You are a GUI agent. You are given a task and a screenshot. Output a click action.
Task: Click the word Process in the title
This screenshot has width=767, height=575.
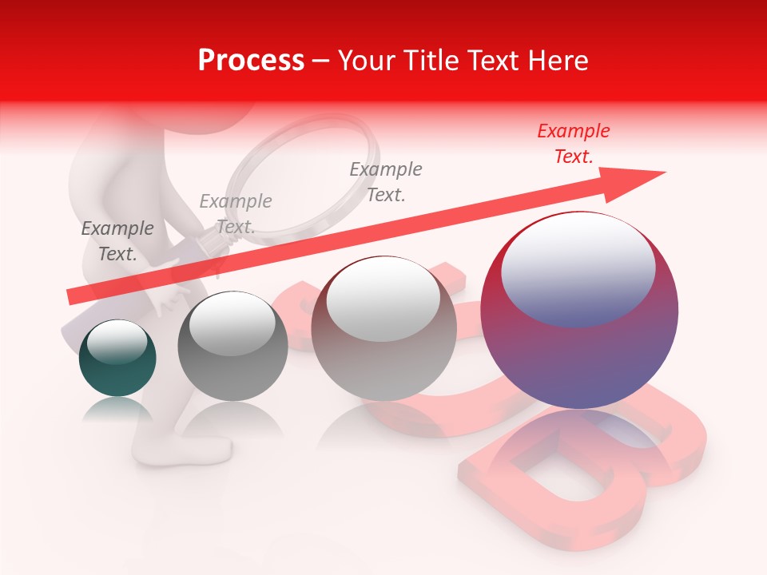(251, 61)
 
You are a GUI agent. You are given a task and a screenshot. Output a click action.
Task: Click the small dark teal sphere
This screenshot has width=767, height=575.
(117, 358)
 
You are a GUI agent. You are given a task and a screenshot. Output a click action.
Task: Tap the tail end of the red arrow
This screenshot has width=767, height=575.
(72, 296)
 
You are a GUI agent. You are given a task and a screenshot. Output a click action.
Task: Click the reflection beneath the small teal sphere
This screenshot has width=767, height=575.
(117, 410)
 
